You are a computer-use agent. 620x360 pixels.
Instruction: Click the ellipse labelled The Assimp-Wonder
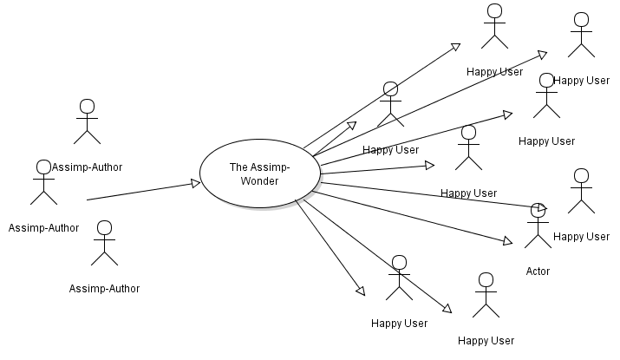pyautogui.click(x=260, y=173)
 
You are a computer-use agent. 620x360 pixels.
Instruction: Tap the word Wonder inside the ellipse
pyautogui.click(x=260, y=180)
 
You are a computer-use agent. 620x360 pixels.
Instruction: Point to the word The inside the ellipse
pyautogui.click(x=239, y=167)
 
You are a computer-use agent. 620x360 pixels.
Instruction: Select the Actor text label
pyautogui.click(x=538, y=272)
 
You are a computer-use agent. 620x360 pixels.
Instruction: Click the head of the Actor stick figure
pyautogui.click(x=538, y=211)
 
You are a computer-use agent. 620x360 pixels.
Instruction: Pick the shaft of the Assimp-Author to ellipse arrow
pyautogui.click(x=139, y=192)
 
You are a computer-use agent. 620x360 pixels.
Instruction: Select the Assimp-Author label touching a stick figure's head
pyautogui.click(x=88, y=167)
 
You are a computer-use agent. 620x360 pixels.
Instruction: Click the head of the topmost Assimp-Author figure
pyautogui.click(x=87, y=106)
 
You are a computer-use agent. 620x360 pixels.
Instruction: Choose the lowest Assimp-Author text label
pyautogui.click(x=104, y=288)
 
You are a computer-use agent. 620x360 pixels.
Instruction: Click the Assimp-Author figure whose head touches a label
pyautogui.click(x=43, y=182)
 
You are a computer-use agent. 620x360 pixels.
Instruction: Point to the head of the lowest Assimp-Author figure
pyautogui.click(x=104, y=228)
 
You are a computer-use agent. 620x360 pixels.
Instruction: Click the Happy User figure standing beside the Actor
pyautogui.click(x=581, y=191)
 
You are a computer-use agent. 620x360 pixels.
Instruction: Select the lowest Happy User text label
pyautogui.click(x=486, y=340)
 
